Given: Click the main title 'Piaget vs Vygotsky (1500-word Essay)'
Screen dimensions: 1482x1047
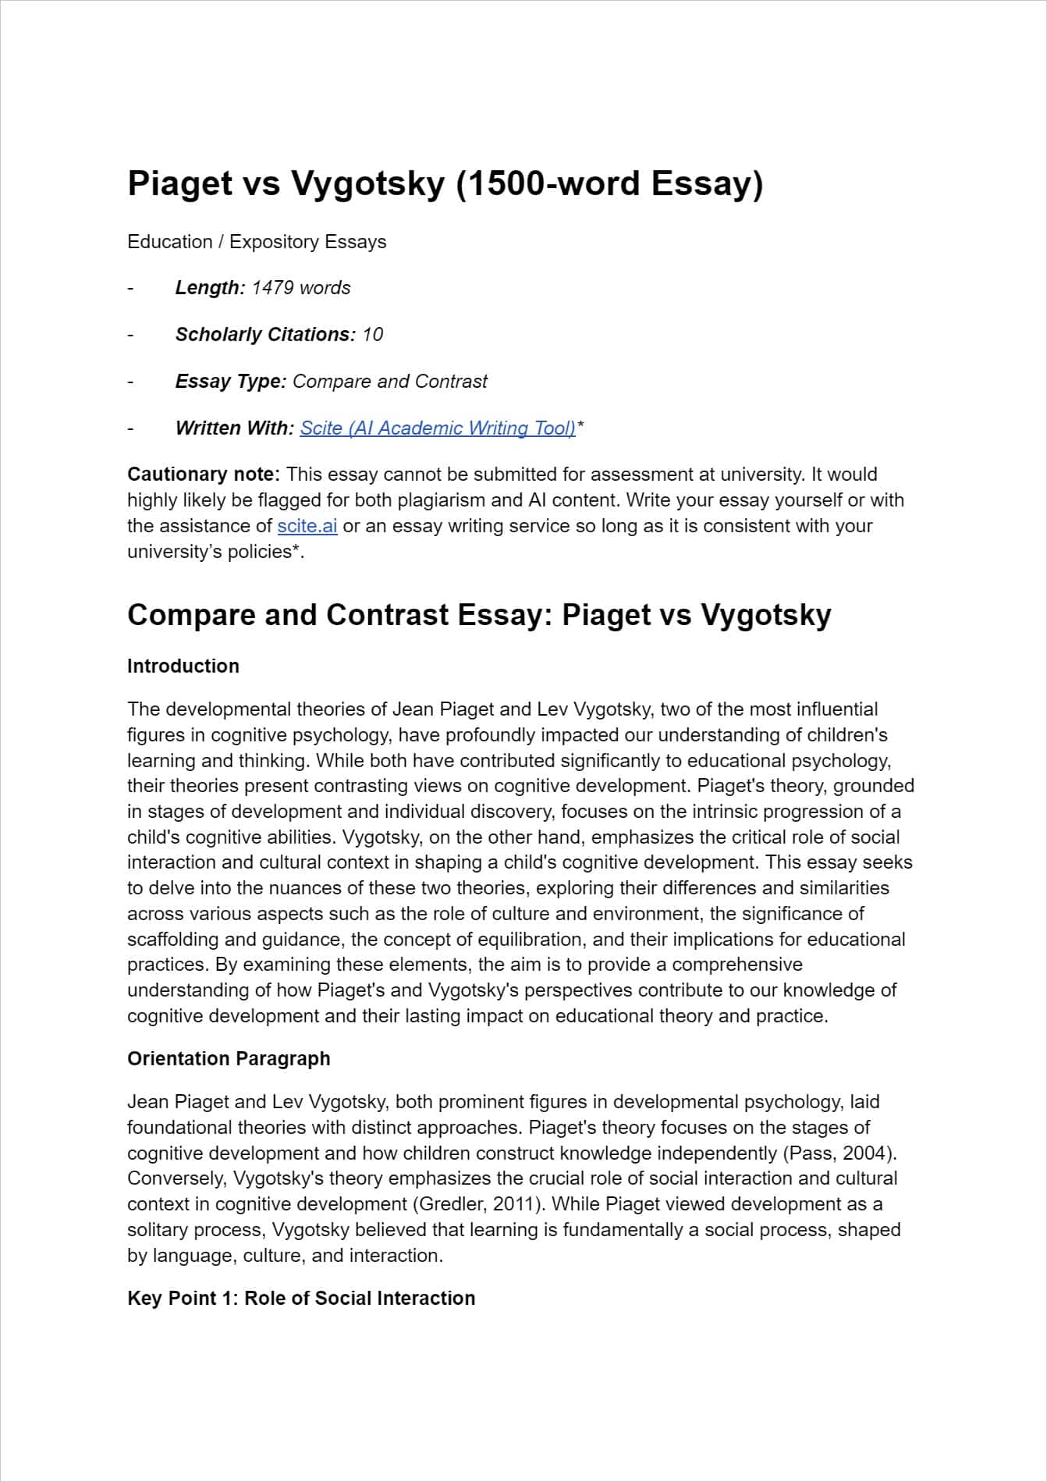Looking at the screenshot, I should (x=445, y=184).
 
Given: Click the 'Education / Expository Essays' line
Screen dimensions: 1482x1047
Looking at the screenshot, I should (x=257, y=242).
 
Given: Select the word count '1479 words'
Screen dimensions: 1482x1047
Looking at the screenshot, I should (x=301, y=288).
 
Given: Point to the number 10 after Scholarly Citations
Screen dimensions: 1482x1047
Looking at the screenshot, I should (x=373, y=335).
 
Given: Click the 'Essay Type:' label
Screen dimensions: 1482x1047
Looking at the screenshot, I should (x=231, y=382).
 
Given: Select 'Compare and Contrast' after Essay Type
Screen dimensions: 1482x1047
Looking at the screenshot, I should (x=390, y=382).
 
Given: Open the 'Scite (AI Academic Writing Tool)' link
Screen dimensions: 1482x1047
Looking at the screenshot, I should (x=438, y=428).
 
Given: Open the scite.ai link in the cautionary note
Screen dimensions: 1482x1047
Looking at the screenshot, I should (x=307, y=526).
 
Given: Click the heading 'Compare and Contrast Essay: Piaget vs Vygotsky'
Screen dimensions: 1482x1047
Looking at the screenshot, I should (x=479, y=615).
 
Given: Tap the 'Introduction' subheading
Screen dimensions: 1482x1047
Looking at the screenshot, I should (x=183, y=666).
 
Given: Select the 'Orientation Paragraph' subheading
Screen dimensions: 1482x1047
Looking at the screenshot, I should (x=229, y=1059).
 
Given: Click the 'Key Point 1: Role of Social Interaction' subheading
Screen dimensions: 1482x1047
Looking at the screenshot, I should (x=301, y=1299).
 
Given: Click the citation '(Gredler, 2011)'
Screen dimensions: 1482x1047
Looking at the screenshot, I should (x=477, y=1204).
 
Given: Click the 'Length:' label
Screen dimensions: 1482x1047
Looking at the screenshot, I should (x=210, y=288).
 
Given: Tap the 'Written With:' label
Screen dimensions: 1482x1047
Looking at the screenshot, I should (x=235, y=428).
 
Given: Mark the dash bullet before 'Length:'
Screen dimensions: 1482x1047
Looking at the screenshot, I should (x=131, y=288).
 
